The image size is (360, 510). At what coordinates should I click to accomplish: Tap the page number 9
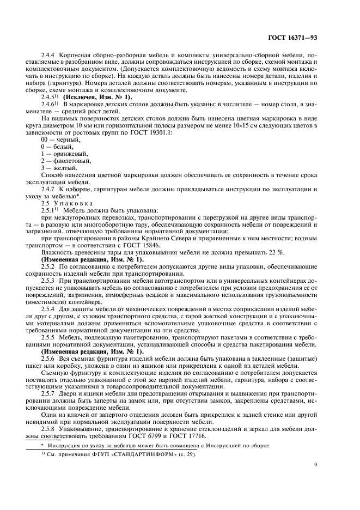[x=316, y=465]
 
